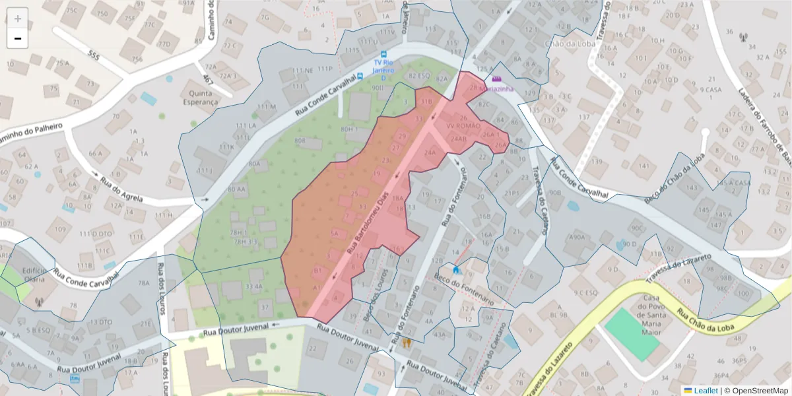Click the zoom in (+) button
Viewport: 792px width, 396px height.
[x=18, y=18]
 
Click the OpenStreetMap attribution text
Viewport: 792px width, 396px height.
[x=756, y=391]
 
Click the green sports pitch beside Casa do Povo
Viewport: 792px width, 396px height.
[x=631, y=334]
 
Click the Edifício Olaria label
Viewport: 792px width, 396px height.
[x=34, y=275]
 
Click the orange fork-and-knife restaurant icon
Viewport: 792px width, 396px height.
[x=407, y=343]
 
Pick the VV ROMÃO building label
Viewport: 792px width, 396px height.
[x=463, y=125]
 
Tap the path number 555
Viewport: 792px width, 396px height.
[x=94, y=57]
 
